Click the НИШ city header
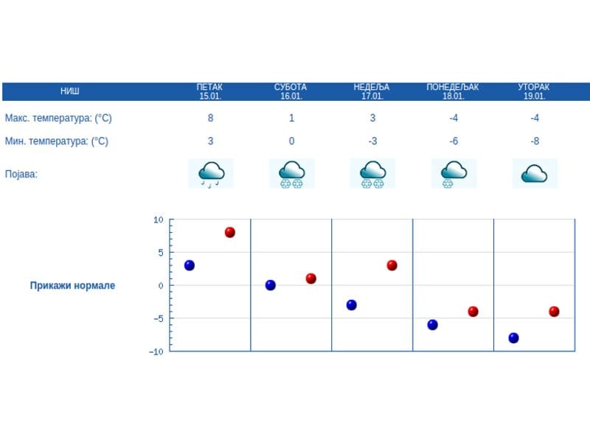[70, 91]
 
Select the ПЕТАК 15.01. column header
[210, 91]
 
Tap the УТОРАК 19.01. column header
[534, 91]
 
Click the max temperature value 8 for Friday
[211, 118]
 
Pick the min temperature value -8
[535, 141]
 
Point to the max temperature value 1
[292, 118]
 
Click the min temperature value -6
[454, 141]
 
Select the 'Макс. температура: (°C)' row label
[58, 118]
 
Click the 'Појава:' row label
[21, 175]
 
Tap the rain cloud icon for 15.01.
[211, 174]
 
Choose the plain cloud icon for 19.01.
[535, 174]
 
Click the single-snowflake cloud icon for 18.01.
[454, 174]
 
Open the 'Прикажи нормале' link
[72, 286]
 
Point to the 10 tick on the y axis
[158, 220]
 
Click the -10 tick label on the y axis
[156, 351]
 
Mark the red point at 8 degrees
[229, 232]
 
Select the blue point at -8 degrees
[513, 338]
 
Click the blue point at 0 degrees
[270, 285]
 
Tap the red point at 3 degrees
[392, 265]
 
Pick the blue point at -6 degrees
[432, 325]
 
